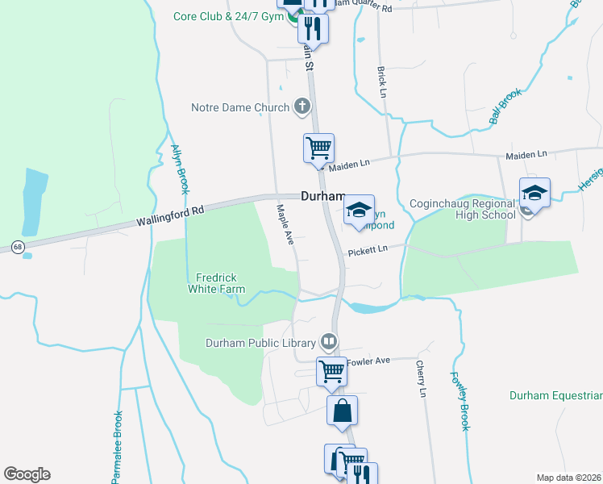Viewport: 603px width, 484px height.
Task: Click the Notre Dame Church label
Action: (239, 107)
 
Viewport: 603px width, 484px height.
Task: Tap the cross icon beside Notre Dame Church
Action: (301, 106)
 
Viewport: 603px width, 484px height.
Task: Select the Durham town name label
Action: (322, 196)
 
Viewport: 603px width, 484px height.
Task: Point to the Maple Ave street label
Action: (284, 224)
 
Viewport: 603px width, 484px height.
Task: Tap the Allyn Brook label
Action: (179, 169)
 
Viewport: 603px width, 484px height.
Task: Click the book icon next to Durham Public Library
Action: (328, 341)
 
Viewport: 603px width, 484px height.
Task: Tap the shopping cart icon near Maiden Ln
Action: (318, 148)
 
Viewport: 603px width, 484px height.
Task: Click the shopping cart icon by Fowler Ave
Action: (331, 371)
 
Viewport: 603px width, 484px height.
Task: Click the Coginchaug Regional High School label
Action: (463, 209)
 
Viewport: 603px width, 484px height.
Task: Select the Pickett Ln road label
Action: (368, 252)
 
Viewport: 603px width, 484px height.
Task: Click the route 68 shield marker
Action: (18, 245)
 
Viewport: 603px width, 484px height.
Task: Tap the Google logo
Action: (27, 474)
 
